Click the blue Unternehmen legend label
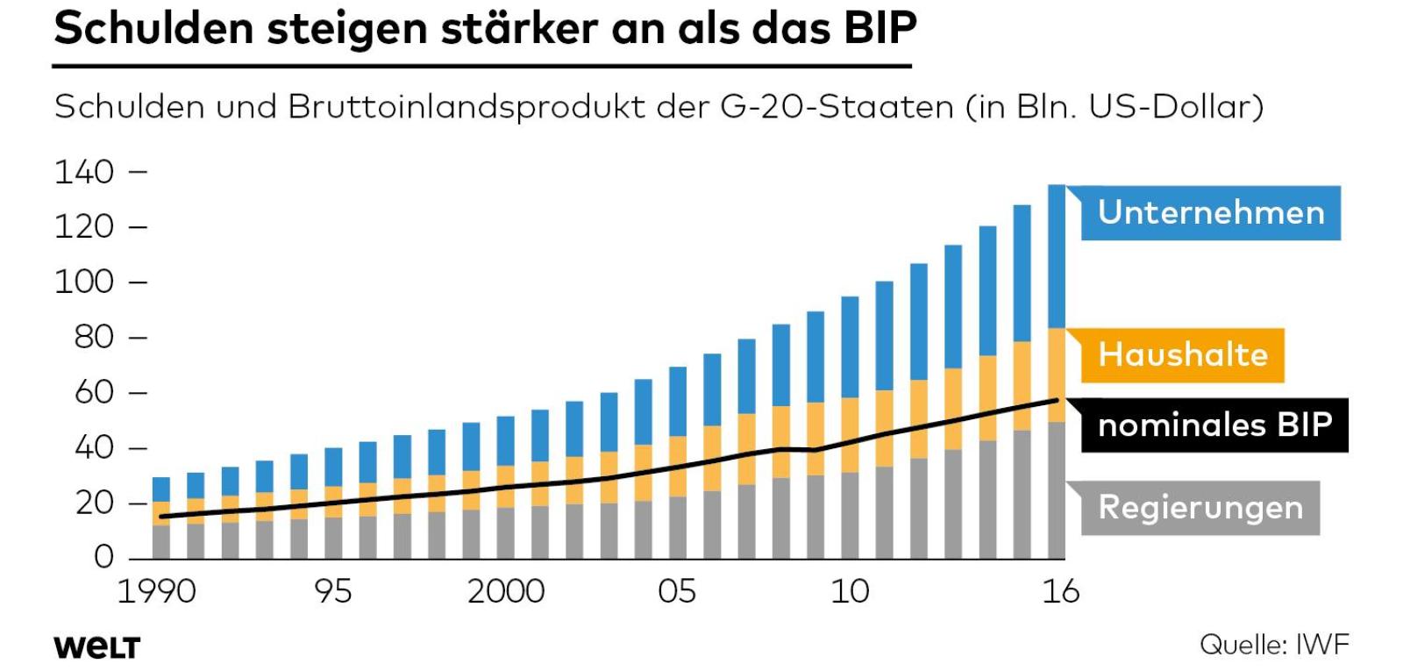coord(1210,213)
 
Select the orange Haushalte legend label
coord(1182,355)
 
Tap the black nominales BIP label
coord(1214,425)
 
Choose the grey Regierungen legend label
coord(1200,508)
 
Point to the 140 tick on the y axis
coord(85,172)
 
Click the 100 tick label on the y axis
coord(85,282)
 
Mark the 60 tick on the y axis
coord(95,393)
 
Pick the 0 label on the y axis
coord(104,557)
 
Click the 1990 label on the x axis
coord(157,592)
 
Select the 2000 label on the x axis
coord(506,592)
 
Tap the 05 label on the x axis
coord(677,592)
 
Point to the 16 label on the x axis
coord(1060,592)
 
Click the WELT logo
coord(96,647)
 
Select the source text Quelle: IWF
coord(1274,645)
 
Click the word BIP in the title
coord(880,28)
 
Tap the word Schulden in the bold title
coord(154,28)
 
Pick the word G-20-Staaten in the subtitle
coord(837,107)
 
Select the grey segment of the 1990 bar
coord(161,542)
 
